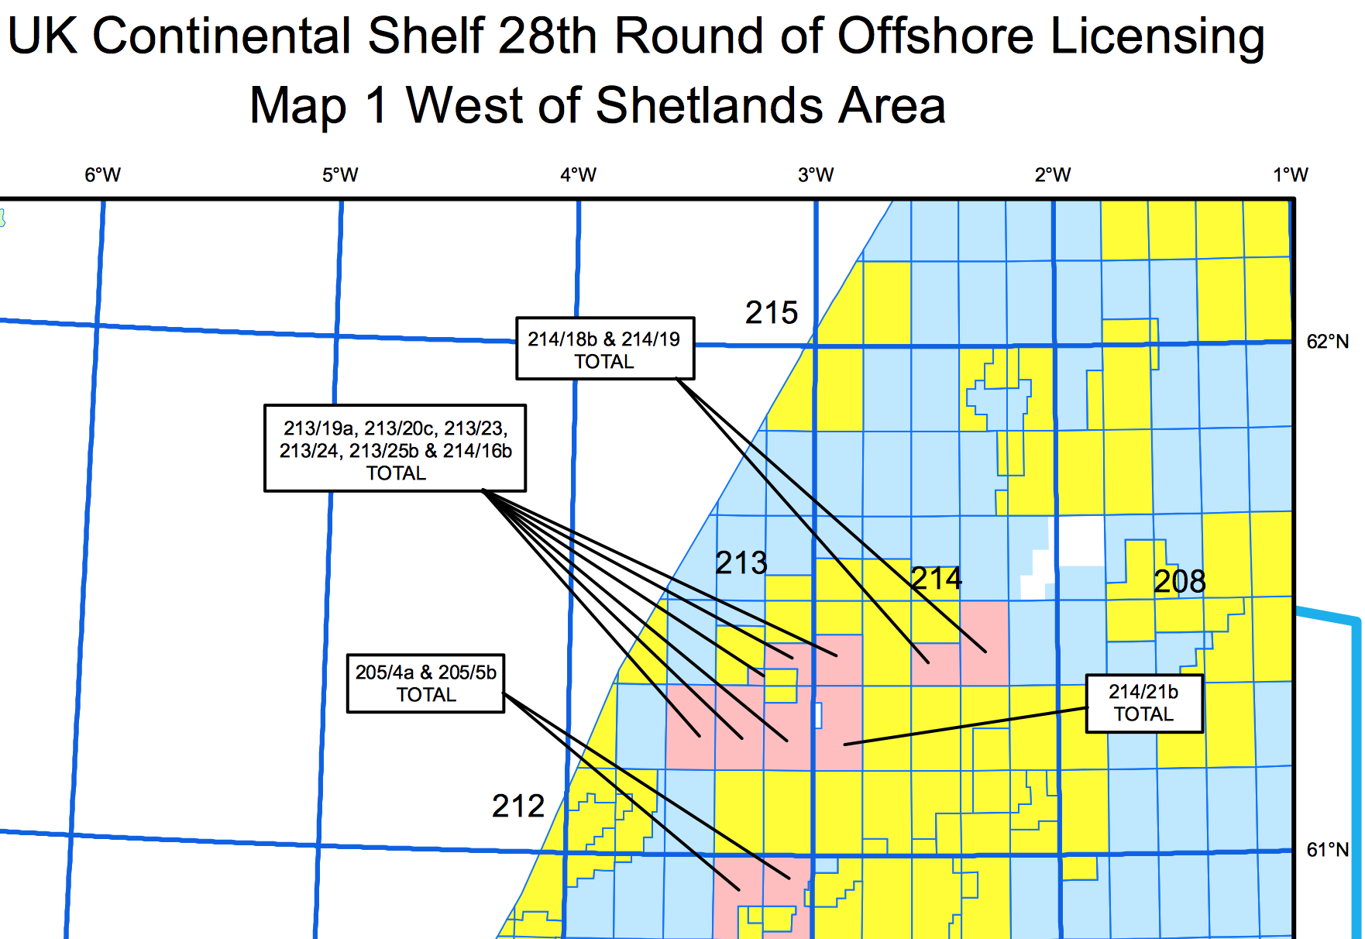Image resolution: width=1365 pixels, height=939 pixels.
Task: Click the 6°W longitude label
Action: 102,175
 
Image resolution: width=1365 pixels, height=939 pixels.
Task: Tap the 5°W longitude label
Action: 340,175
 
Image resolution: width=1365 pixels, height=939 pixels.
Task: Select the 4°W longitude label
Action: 578,175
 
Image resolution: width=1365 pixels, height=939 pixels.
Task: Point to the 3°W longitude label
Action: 816,175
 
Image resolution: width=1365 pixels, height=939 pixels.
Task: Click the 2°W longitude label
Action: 1053,175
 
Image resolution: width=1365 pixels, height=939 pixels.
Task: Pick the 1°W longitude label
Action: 1290,175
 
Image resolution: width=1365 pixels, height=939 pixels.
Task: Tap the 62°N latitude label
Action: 1328,342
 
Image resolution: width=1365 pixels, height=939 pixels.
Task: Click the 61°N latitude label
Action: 1328,850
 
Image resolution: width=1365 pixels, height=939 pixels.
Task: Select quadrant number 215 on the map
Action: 771,313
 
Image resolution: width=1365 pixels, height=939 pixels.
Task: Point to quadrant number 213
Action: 741,563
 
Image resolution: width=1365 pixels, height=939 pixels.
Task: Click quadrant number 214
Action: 936,579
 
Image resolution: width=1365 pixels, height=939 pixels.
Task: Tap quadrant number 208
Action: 1179,582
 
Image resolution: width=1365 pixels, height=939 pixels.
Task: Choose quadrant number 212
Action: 518,807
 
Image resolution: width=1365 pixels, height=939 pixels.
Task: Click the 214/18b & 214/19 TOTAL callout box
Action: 604,349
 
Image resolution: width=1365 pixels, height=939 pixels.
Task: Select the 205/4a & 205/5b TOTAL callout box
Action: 425,683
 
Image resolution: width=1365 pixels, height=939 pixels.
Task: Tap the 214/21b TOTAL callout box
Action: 1143,703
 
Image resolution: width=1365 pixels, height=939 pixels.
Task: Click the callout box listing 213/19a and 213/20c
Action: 395,449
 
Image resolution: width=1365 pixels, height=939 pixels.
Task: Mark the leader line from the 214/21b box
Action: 968,726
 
